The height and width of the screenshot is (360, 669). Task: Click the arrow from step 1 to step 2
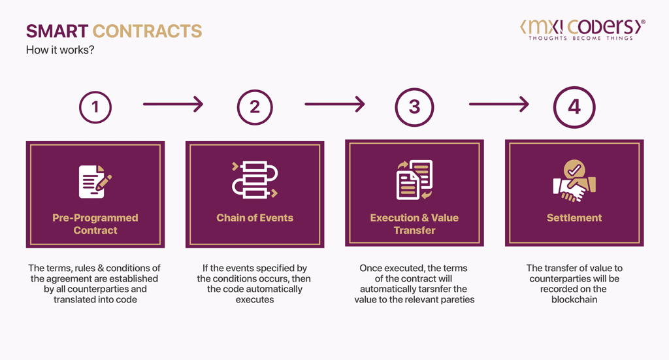[173, 103]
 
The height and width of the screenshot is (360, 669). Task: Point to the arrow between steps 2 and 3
[334, 103]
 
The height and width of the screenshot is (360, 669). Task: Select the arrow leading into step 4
[498, 103]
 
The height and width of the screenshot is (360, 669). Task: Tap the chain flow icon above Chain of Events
[255, 180]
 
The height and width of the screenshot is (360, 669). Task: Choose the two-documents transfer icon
[414, 180]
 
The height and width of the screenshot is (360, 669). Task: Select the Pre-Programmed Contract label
[95, 224]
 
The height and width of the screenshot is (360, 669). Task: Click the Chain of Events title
[255, 218]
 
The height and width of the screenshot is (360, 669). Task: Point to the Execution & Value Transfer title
[414, 224]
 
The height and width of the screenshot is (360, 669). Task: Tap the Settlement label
[574, 218]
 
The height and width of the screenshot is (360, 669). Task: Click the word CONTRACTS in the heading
[147, 31]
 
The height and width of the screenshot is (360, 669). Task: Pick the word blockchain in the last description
[574, 299]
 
